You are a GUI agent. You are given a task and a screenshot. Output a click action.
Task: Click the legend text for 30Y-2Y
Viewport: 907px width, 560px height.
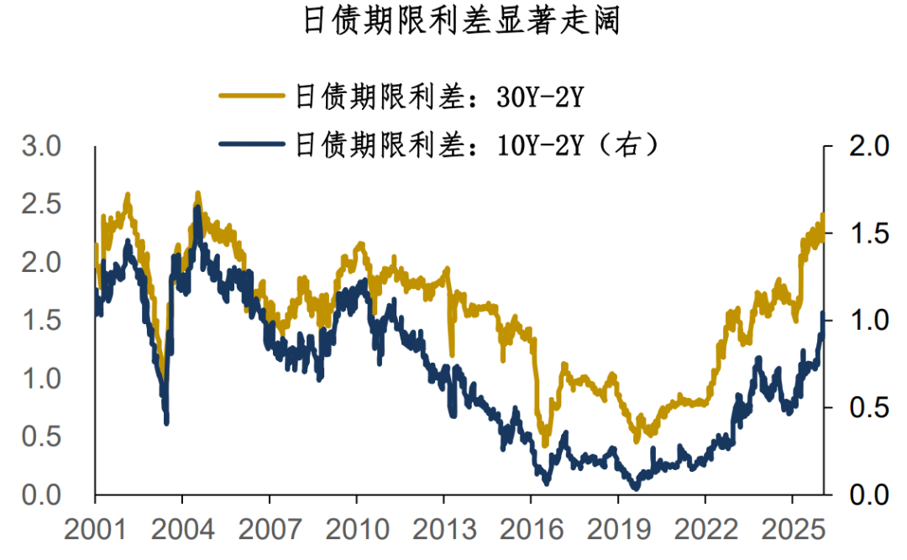coord(438,97)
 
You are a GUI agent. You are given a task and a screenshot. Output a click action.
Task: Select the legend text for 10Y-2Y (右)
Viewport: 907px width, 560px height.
coord(475,144)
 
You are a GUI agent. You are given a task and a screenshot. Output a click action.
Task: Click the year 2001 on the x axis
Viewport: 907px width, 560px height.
coord(95,530)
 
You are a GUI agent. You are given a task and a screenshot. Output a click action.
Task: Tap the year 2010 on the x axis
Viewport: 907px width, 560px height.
coord(356,530)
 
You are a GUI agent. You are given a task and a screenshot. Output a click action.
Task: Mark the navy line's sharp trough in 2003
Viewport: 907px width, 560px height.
coord(166,421)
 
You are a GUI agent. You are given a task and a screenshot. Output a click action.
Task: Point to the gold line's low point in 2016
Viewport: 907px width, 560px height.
coord(545,444)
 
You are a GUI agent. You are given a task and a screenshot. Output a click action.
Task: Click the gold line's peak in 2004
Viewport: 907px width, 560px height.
coord(198,194)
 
